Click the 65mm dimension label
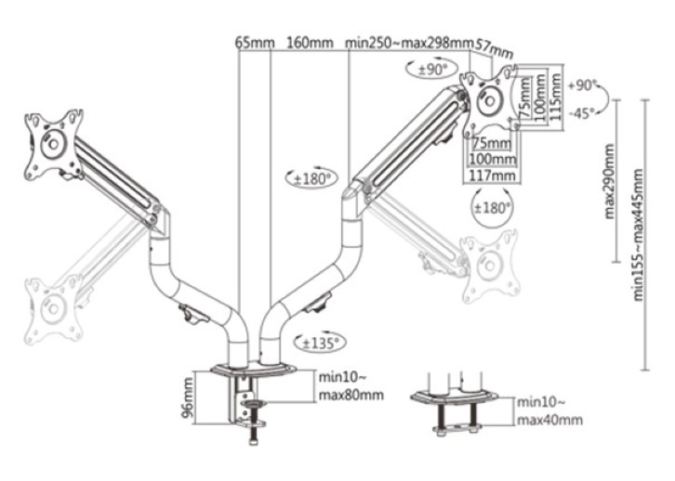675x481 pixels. [x=255, y=43]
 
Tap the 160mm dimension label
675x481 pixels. [x=310, y=43]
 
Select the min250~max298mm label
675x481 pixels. [x=409, y=43]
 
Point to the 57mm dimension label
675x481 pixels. [x=495, y=47]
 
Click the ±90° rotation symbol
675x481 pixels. [x=430, y=69]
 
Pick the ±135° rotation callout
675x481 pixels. [x=321, y=343]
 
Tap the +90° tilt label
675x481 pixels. [x=582, y=85]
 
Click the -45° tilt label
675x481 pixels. [x=581, y=114]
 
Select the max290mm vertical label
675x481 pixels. [x=610, y=181]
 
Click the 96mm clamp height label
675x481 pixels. [x=188, y=397]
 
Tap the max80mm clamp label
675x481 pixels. [x=351, y=395]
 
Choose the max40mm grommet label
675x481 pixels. [x=549, y=420]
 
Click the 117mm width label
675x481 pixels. [x=492, y=175]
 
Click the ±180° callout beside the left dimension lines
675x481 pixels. [x=311, y=178]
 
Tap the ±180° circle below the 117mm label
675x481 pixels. [x=492, y=208]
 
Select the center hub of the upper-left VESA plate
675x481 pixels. [x=53, y=144]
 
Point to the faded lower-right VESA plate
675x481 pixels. [x=490, y=266]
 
